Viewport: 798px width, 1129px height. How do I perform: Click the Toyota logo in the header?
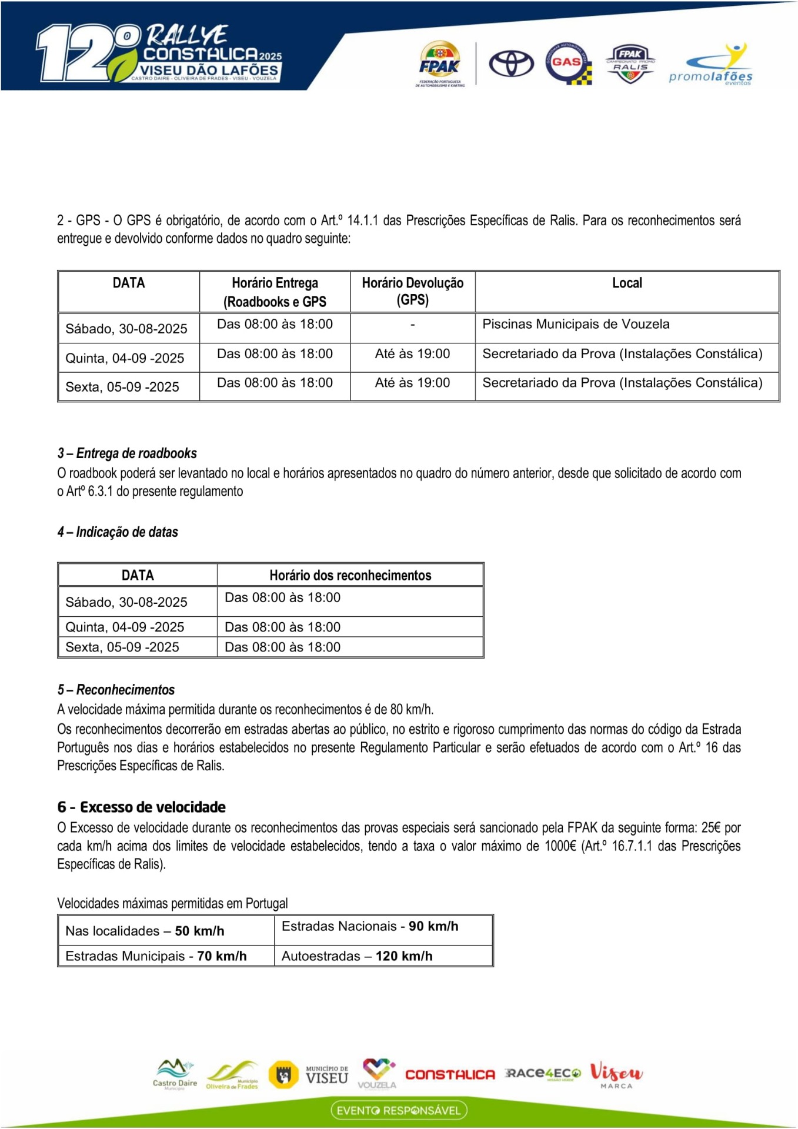[511, 63]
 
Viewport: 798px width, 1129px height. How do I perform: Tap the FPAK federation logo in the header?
[440, 64]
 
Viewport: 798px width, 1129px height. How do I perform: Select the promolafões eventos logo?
[711, 65]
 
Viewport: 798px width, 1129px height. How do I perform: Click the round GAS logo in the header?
[567, 63]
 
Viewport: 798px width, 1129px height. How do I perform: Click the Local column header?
[627, 283]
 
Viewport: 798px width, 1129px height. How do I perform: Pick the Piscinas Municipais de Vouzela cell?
[576, 325]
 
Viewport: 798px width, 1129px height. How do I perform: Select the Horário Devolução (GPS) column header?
[412, 291]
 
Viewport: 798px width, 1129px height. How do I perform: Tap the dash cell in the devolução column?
[412, 325]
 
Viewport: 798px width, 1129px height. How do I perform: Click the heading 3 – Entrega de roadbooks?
[127, 453]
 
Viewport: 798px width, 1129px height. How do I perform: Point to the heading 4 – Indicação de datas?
[118, 532]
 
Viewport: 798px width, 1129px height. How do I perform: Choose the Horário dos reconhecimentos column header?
[350, 575]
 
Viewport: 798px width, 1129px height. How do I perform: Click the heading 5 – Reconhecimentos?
[116, 690]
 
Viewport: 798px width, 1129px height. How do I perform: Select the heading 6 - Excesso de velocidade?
[141, 807]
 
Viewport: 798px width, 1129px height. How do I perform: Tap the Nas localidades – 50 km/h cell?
[145, 931]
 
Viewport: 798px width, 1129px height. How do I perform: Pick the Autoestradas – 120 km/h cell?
[357, 956]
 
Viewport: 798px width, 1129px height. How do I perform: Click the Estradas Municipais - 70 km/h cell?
[156, 956]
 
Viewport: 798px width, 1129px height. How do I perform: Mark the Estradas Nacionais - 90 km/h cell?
[370, 926]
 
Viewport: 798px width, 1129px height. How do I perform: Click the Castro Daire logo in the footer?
[175, 1074]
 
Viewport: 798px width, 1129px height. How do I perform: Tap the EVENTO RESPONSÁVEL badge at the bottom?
[399, 1110]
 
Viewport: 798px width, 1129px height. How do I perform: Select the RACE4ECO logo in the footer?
[543, 1074]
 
